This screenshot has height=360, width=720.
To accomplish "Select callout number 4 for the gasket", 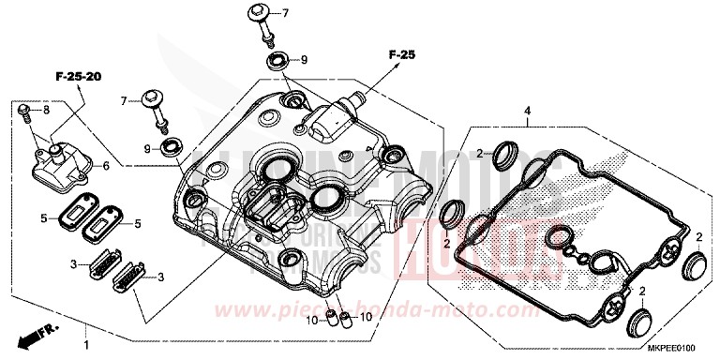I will tap(528, 111).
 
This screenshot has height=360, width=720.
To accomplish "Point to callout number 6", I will tap(106, 166).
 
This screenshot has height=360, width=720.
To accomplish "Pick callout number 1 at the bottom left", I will tap(87, 331).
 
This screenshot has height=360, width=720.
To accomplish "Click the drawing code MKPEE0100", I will tap(676, 350).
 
